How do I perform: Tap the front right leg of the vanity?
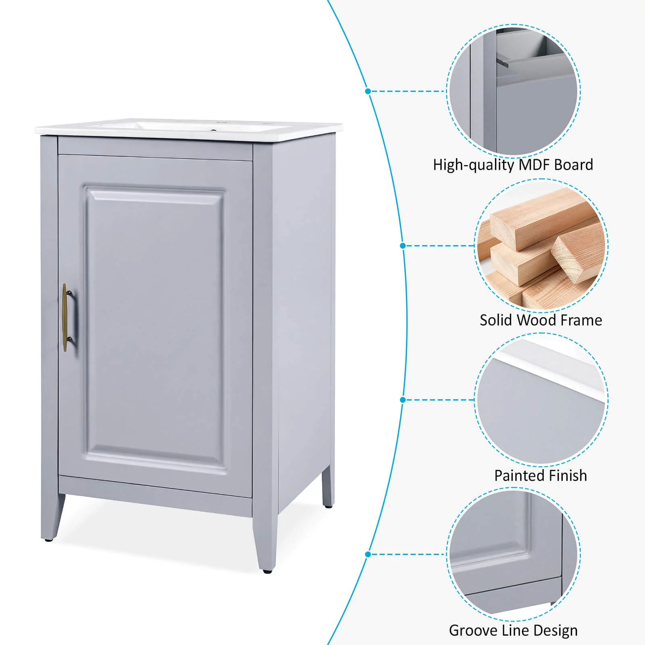point(265,544)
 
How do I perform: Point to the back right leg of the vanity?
point(327,486)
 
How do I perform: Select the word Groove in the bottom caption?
point(472,630)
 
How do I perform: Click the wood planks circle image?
point(541,246)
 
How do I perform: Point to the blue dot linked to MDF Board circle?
point(368,91)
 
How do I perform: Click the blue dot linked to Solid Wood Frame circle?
point(403,246)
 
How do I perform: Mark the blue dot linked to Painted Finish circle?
point(403,399)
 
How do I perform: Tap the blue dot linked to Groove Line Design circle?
point(368,554)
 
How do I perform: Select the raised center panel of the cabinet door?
point(155,329)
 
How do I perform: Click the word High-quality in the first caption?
point(474,165)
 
